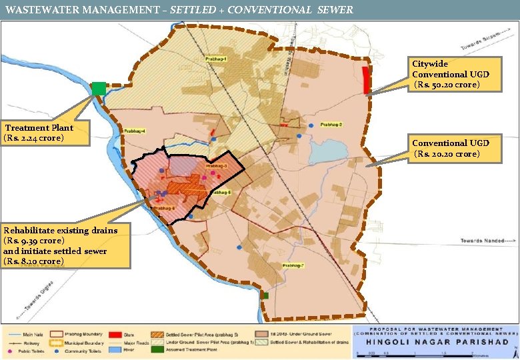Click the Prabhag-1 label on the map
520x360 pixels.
coord(217,60)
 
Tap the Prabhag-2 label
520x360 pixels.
coord(331,125)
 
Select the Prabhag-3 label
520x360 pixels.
coord(217,165)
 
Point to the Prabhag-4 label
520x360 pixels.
coord(133,131)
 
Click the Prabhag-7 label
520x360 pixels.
coord(293,265)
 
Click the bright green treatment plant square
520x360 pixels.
coord(99,88)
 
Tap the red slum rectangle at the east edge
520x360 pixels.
coord(365,80)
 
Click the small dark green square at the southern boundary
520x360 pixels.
coord(265,295)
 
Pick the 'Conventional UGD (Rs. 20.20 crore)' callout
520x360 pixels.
coord(450,149)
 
